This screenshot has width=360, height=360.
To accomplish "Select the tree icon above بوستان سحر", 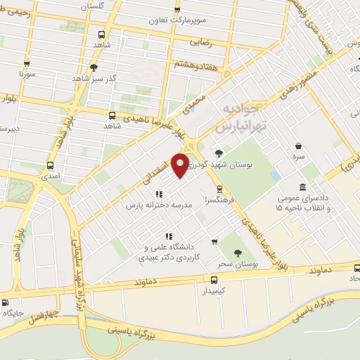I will (235, 253).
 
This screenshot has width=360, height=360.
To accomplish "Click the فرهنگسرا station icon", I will (220, 189).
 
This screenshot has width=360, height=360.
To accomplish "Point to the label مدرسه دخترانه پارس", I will (160, 205).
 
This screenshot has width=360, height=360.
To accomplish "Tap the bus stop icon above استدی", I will (49, 167).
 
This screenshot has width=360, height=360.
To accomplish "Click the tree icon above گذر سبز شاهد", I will (94, 68).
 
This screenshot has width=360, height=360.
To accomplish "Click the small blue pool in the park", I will (276, 175).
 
